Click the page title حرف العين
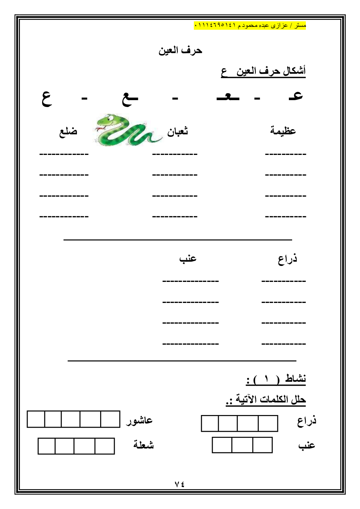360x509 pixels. pos(180,50)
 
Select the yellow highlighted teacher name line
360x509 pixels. pos(250,25)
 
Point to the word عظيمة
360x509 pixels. pos(283,130)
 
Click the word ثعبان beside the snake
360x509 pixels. pos(177,131)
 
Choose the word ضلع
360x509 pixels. pos(68,131)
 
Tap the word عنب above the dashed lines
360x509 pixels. pos(188,258)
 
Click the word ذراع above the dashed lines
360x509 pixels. pos(287,259)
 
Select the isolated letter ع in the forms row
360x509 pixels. pos(47,98)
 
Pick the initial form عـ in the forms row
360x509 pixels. pos(296,96)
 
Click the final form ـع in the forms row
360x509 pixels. pos(130,98)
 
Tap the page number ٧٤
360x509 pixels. pos(180,484)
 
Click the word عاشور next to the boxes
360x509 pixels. pos(139,420)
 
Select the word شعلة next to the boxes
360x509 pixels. pos(143,445)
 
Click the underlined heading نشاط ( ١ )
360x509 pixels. pos(276,379)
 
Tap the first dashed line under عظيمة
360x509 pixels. pos(286,155)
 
